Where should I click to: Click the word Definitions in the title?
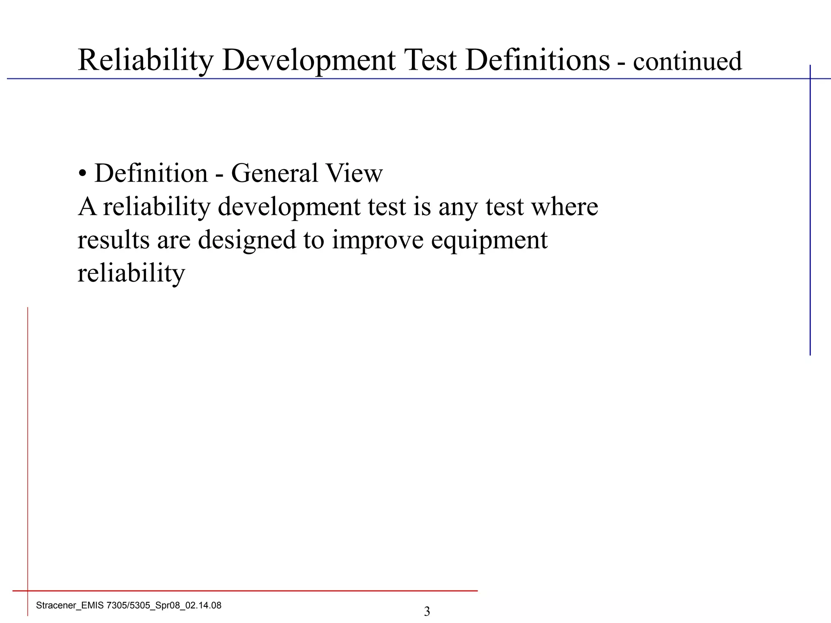point(537,60)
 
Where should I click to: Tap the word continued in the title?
point(687,62)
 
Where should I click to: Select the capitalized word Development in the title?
point(308,61)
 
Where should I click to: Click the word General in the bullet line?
point(274,173)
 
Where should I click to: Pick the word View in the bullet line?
point(354,173)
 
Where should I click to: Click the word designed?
point(247,240)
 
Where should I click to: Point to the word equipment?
point(489,240)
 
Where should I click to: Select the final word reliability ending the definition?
point(131,273)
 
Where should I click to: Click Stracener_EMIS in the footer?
point(70,606)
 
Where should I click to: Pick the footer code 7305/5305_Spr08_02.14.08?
point(164,606)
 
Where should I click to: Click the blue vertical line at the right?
point(810,211)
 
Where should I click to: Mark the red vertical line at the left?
point(28,446)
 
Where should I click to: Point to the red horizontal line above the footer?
point(243,591)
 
